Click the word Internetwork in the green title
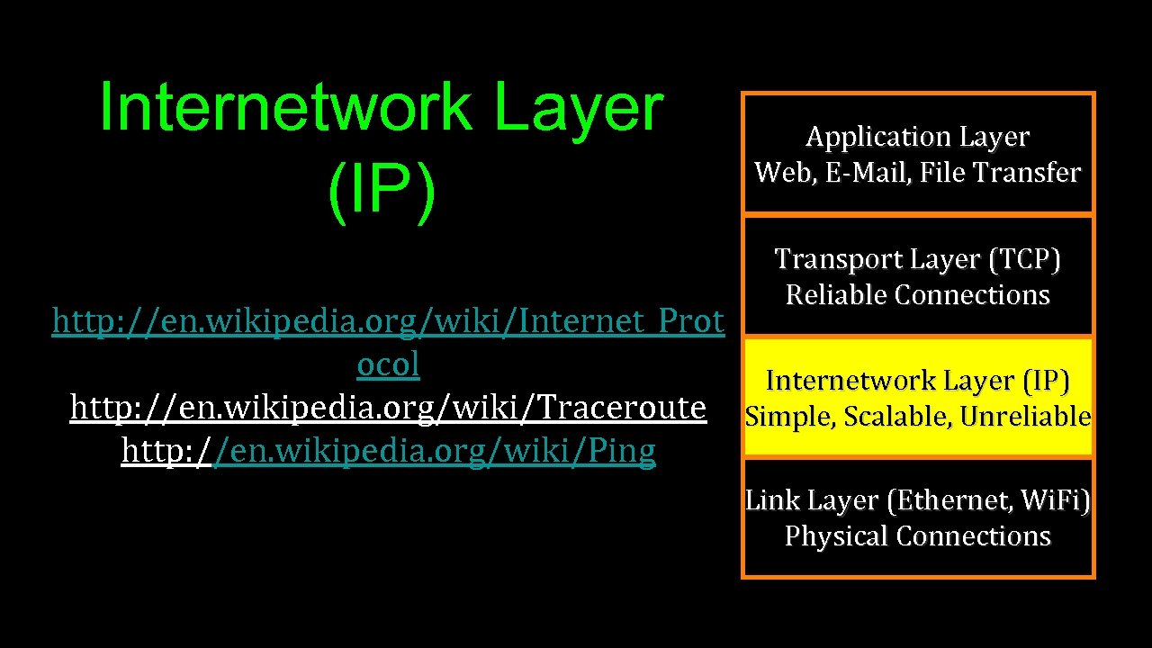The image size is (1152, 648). [285, 107]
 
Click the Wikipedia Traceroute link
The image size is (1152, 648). [388, 408]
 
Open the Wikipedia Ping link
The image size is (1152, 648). [388, 451]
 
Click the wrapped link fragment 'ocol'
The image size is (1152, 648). [388, 364]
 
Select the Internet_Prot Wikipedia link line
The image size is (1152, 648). [388, 320]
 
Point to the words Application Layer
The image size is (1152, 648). [917, 137]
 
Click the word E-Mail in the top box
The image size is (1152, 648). [862, 172]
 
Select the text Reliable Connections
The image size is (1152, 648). [917, 294]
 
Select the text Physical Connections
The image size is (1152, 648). [917, 535]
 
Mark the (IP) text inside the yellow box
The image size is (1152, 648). [1045, 382]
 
